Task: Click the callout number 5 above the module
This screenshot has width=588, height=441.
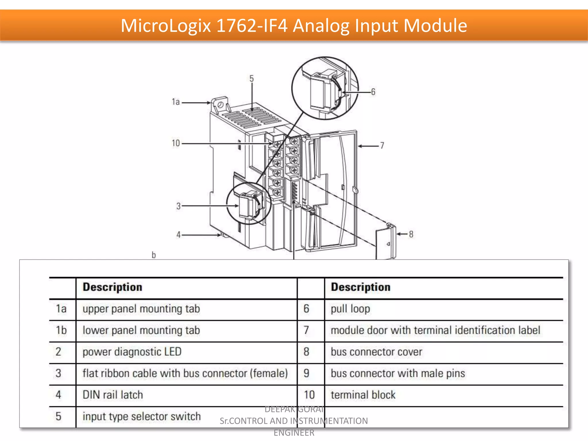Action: click(x=252, y=78)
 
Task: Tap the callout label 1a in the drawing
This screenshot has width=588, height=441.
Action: click(x=175, y=102)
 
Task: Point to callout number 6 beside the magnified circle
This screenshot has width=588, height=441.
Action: click(x=373, y=92)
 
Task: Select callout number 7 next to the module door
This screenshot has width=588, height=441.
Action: click(x=382, y=146)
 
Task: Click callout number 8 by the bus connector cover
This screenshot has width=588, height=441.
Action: click(x=411, y=234)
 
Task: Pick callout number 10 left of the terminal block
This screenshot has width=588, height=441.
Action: click(x=175, y=143)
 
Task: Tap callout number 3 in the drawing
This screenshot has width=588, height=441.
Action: click(x=178, y=206)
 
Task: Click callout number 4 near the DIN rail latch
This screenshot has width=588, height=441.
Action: click(x=178, y=235)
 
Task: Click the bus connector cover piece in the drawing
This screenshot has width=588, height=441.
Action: click(x=386, y=243)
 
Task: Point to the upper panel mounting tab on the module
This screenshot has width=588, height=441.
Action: click(x=220, y=105)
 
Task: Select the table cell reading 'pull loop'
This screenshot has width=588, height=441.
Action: click(x=350, y=309)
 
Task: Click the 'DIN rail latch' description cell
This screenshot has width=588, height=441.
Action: click(x=113, y=395)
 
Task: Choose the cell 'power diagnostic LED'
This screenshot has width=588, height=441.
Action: click(x=132, y=352)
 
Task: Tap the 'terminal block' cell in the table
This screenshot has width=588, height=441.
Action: click(x=363, y=395)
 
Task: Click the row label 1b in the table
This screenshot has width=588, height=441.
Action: click(x=61, y=330)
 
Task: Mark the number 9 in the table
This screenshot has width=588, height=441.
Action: click(x=306, y=373)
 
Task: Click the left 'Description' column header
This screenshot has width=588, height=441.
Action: click(x=112, y=287)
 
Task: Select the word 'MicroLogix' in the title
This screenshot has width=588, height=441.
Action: click(x=166, y=26)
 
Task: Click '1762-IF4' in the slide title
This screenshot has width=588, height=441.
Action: click(x=252, y=26)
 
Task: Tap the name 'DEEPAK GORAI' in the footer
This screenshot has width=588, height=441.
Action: click(x=294, y=409)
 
